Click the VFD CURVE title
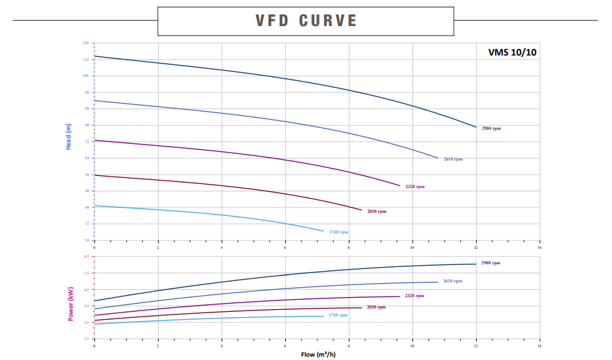point(306,21)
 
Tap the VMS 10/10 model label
point(512,53)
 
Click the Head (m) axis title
point(68,137)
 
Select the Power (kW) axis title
point(70,303)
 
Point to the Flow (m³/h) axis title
point(317,354)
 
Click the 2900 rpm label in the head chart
point(491,128)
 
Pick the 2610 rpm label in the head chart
point(453,159)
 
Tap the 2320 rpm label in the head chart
point(414,187)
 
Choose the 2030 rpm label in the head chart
point(376,211)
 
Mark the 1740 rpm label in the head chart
point(338,232)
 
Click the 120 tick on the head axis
point(85,43)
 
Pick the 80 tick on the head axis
point(86,125)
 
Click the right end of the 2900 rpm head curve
point(476,127)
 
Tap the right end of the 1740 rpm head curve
point(323,232)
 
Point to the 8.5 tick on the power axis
point(86,256)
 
